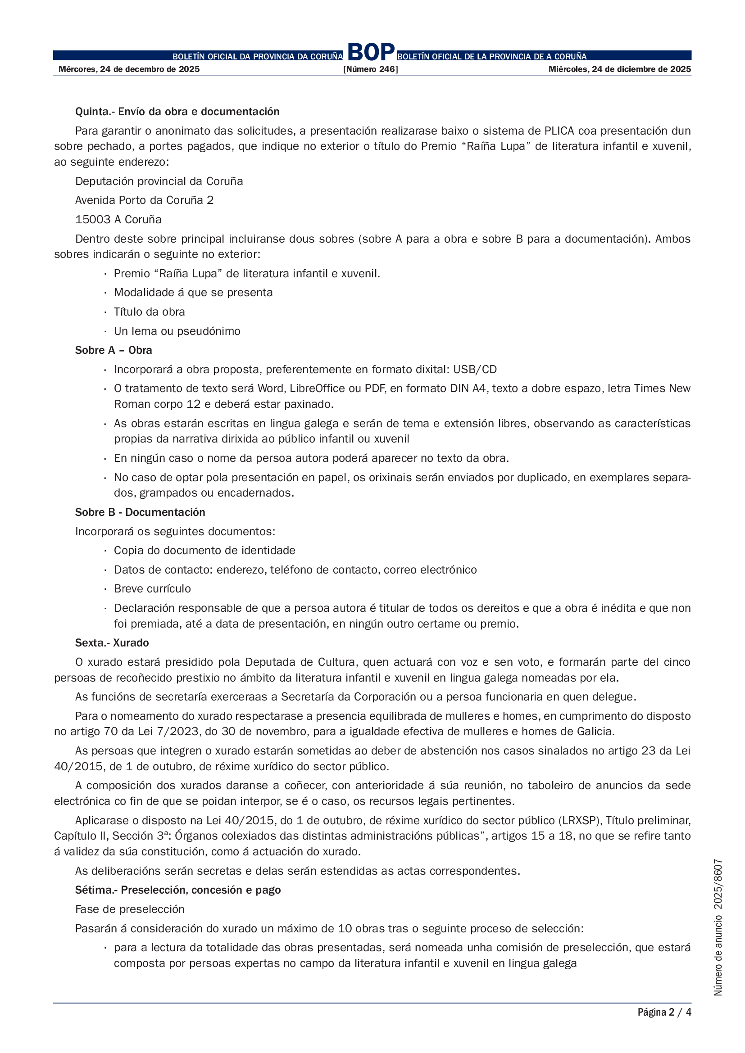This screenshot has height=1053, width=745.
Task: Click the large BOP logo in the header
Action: pos(371,52)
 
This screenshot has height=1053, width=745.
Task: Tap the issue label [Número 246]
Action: pos(371,69)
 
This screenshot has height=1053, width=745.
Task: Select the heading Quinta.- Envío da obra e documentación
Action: pos(177,112)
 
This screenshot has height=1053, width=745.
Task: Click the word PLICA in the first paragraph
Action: pos(559,131)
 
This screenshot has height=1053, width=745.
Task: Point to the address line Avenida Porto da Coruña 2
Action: pos(145,200)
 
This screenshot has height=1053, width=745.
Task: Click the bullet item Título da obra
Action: pos(149,312)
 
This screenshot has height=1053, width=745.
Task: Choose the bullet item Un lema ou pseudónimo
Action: pos(177,331)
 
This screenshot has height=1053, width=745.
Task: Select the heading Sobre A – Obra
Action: pos(114,350)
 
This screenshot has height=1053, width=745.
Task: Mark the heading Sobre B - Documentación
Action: pos(140,512)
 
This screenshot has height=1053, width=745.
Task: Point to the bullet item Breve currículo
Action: pos(152,589)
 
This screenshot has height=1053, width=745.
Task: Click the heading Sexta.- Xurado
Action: pos(112,643)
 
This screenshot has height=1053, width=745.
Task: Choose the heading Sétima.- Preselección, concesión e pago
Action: pos(178,890)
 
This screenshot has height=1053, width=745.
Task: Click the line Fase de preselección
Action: pos(130,909)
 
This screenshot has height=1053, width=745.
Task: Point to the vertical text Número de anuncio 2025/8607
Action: pos(718,926)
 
